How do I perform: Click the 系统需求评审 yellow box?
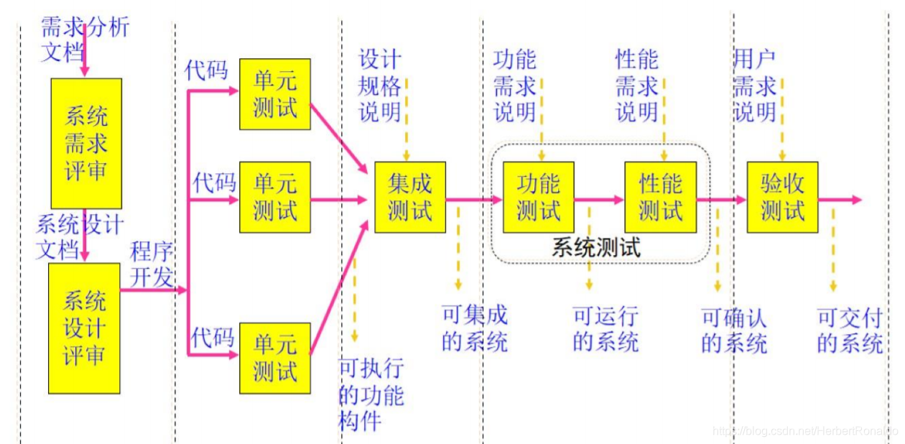pos(85,144)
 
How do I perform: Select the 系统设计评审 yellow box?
pos(84,328)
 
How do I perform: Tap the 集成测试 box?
pos(410,198)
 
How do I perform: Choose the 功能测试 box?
pos(539,198)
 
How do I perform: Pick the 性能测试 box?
pos(661,198)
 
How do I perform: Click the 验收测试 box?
pos(783,198)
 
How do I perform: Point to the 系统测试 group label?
pos(595,248)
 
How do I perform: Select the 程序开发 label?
pos(151,265)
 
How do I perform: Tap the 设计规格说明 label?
pos(380,86)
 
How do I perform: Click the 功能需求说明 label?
pos(514,86)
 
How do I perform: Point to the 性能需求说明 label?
pos(636,86)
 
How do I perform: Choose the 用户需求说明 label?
pos(754,86)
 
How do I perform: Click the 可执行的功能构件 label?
pos(371,395)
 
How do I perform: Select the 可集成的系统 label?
pos(474,328)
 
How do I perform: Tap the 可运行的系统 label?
pos(605,328)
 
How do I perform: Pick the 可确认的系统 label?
pos(733,328)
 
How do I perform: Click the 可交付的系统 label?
pos(849,328)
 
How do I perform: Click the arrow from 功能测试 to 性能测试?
pos(599,200)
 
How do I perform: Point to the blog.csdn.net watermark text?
pos(804,430)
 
